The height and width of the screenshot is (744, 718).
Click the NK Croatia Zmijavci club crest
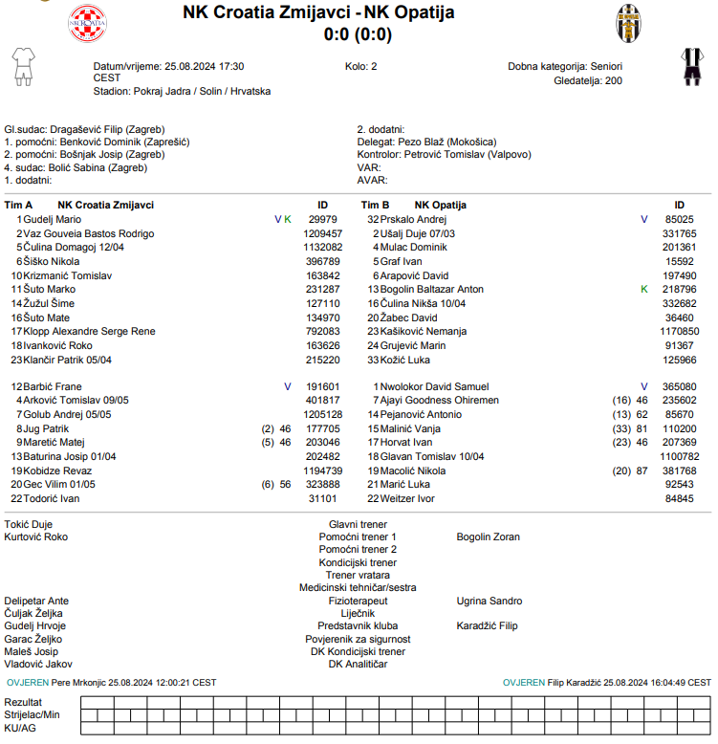(89, 24)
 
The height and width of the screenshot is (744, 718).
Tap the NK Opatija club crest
(629, 23)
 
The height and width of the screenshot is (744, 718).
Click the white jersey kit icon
(22, 66)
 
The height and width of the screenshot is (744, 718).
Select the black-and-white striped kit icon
(691, 66)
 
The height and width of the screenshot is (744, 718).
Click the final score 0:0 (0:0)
(359, 34)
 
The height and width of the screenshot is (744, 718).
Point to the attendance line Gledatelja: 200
(588, 80)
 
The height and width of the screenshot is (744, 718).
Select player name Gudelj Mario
(52, 219)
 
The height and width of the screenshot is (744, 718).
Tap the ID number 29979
(323, 219)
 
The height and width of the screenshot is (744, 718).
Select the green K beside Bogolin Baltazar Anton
(643, 289)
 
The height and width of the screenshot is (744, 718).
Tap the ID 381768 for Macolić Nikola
(680, 470)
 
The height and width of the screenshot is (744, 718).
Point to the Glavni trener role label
(358, 525)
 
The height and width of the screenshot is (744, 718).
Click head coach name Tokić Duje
(29, 525)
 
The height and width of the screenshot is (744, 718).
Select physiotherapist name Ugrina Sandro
(490, 601)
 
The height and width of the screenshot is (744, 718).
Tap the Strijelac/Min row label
(33, 714)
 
